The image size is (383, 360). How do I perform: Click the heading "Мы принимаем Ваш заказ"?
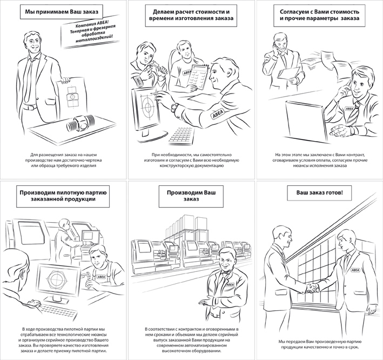pos(61,12)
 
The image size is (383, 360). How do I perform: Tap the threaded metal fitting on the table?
pos(79,123)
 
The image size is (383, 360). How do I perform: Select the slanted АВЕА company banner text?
pos(92,33)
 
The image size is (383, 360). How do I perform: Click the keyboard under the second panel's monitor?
pos(182,136)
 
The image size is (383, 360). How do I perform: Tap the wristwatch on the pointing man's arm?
pos(174,106)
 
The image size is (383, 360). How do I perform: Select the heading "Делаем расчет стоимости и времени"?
pos(191,15)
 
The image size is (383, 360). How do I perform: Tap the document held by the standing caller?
pos(289,73)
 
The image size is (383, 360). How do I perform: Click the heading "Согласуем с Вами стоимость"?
pos(319,15)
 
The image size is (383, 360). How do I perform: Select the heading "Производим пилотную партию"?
pos(63,196)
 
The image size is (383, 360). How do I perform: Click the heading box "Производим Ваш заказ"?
pos(191,196)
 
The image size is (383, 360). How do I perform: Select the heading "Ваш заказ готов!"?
pos(319,192)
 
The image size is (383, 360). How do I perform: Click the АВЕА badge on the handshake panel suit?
pos(355,270)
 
